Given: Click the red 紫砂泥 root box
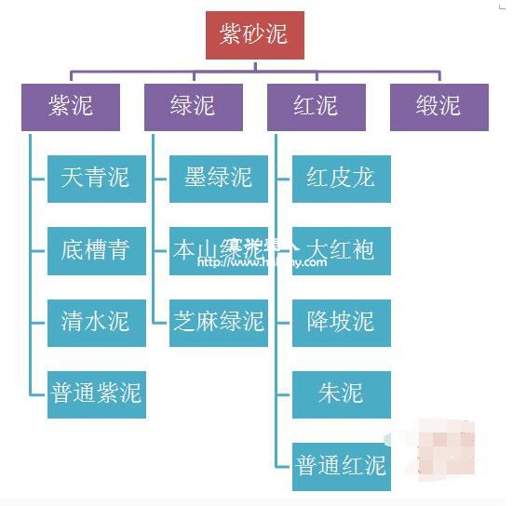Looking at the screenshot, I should [254, 35].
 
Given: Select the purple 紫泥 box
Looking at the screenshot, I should [71, 106].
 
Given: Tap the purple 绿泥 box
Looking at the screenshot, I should [193, 106].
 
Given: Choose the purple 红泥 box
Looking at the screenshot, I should [316, 106].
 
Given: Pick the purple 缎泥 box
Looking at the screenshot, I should [438, 106].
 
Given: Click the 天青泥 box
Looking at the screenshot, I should [96, 178].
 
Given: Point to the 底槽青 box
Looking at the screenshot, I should [96, 250].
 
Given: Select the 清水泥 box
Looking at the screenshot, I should [96, 322].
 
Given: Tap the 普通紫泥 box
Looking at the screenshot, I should [96, 393].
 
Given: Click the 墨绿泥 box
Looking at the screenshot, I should [219, 178].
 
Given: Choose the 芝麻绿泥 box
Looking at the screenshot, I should [219, 322].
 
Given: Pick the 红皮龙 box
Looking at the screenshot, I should [341, 178].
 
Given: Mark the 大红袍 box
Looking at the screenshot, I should [341, 250].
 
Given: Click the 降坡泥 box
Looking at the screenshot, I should [341, 322].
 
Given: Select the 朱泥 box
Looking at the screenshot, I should [341, 393].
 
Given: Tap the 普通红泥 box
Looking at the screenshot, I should [341, 465].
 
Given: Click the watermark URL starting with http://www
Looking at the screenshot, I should [262, 262].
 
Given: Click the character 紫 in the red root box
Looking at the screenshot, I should [231, 35].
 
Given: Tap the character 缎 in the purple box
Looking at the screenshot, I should [426, 106].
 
